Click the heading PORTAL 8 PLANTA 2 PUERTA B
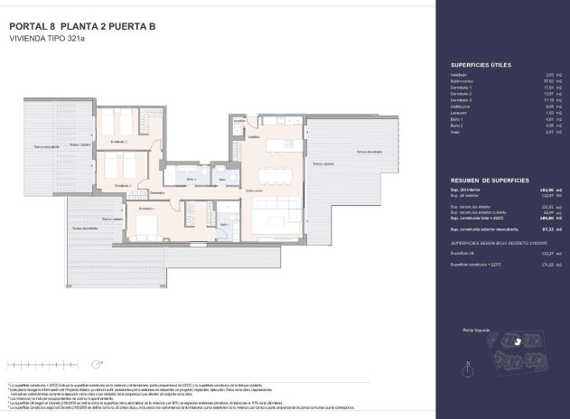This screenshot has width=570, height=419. click(x=80, y=26)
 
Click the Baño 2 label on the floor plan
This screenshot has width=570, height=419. click(x=192, y=180)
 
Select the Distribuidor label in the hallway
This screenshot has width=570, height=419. click(x=157, y=193)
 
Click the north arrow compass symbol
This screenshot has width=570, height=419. click(x=467, y=368)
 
